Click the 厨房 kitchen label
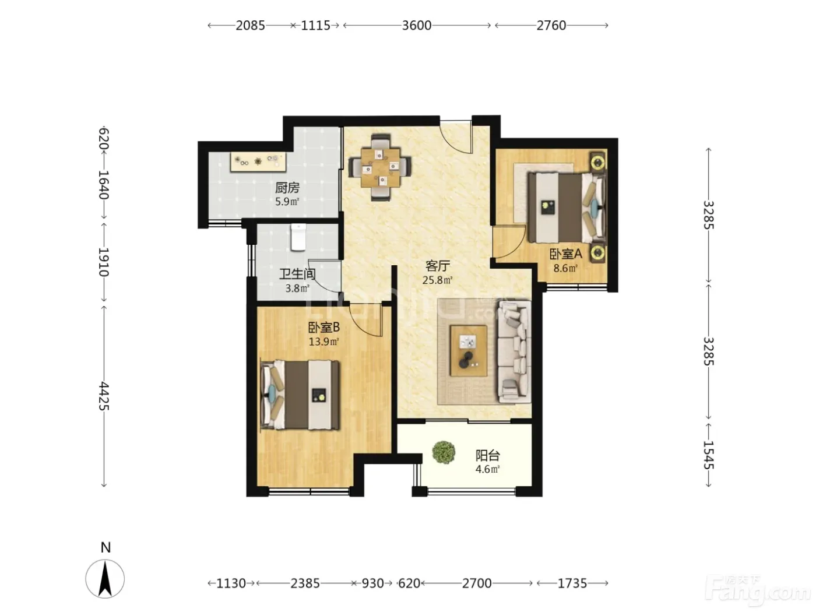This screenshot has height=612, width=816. pyautogui.click(x=287, y=188)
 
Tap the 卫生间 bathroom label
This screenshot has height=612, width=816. pyautogui.click(x=297, y=274)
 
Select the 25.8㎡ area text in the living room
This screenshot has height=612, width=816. pyautogui.click(x=437, y=280)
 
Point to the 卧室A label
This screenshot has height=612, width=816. pyautogui.click(x=565, y=254)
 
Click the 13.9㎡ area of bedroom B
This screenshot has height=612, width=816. pyautogui.click(x=323, y=341)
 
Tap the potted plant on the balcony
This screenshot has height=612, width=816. pyautogui.click(x=444, y=452)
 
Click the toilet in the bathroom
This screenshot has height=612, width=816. pyautogui.click(x=298, y=237)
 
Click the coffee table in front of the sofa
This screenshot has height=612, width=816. pyautogui.click(x=469, y=351)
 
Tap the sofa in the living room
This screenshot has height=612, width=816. pyautogui.click(x=514, y=352)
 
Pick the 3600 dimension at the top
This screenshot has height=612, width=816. pyautogui.click(x=417, y=25)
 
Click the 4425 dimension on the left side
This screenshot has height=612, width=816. pyautogui.click(x=104, y=396)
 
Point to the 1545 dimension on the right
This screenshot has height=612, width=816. pyautogui.click(x=709, y=455)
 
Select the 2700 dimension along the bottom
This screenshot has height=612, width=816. pyautogui.click(x=477, y=583)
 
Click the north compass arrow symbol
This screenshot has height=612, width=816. pyautogui.click(x=105, y=579)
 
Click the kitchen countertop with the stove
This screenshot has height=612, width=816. pyautogui.click(x=258, y=161)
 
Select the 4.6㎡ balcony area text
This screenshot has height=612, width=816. pyautogui.click(x=487, y=469)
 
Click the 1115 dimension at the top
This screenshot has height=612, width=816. pyautogui.click(x=315, y=25)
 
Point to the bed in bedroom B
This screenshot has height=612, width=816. pyautogui.click(x=300, y=395)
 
